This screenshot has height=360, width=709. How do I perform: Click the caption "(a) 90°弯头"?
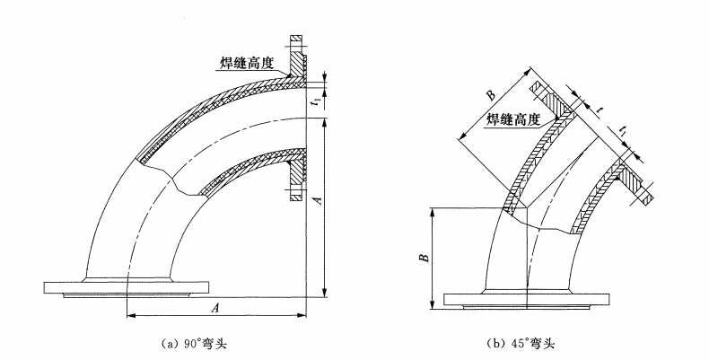[190, 343]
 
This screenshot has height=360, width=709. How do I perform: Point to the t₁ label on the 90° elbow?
[315, 101]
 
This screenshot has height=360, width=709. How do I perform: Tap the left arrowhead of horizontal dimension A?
[131, 314]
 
